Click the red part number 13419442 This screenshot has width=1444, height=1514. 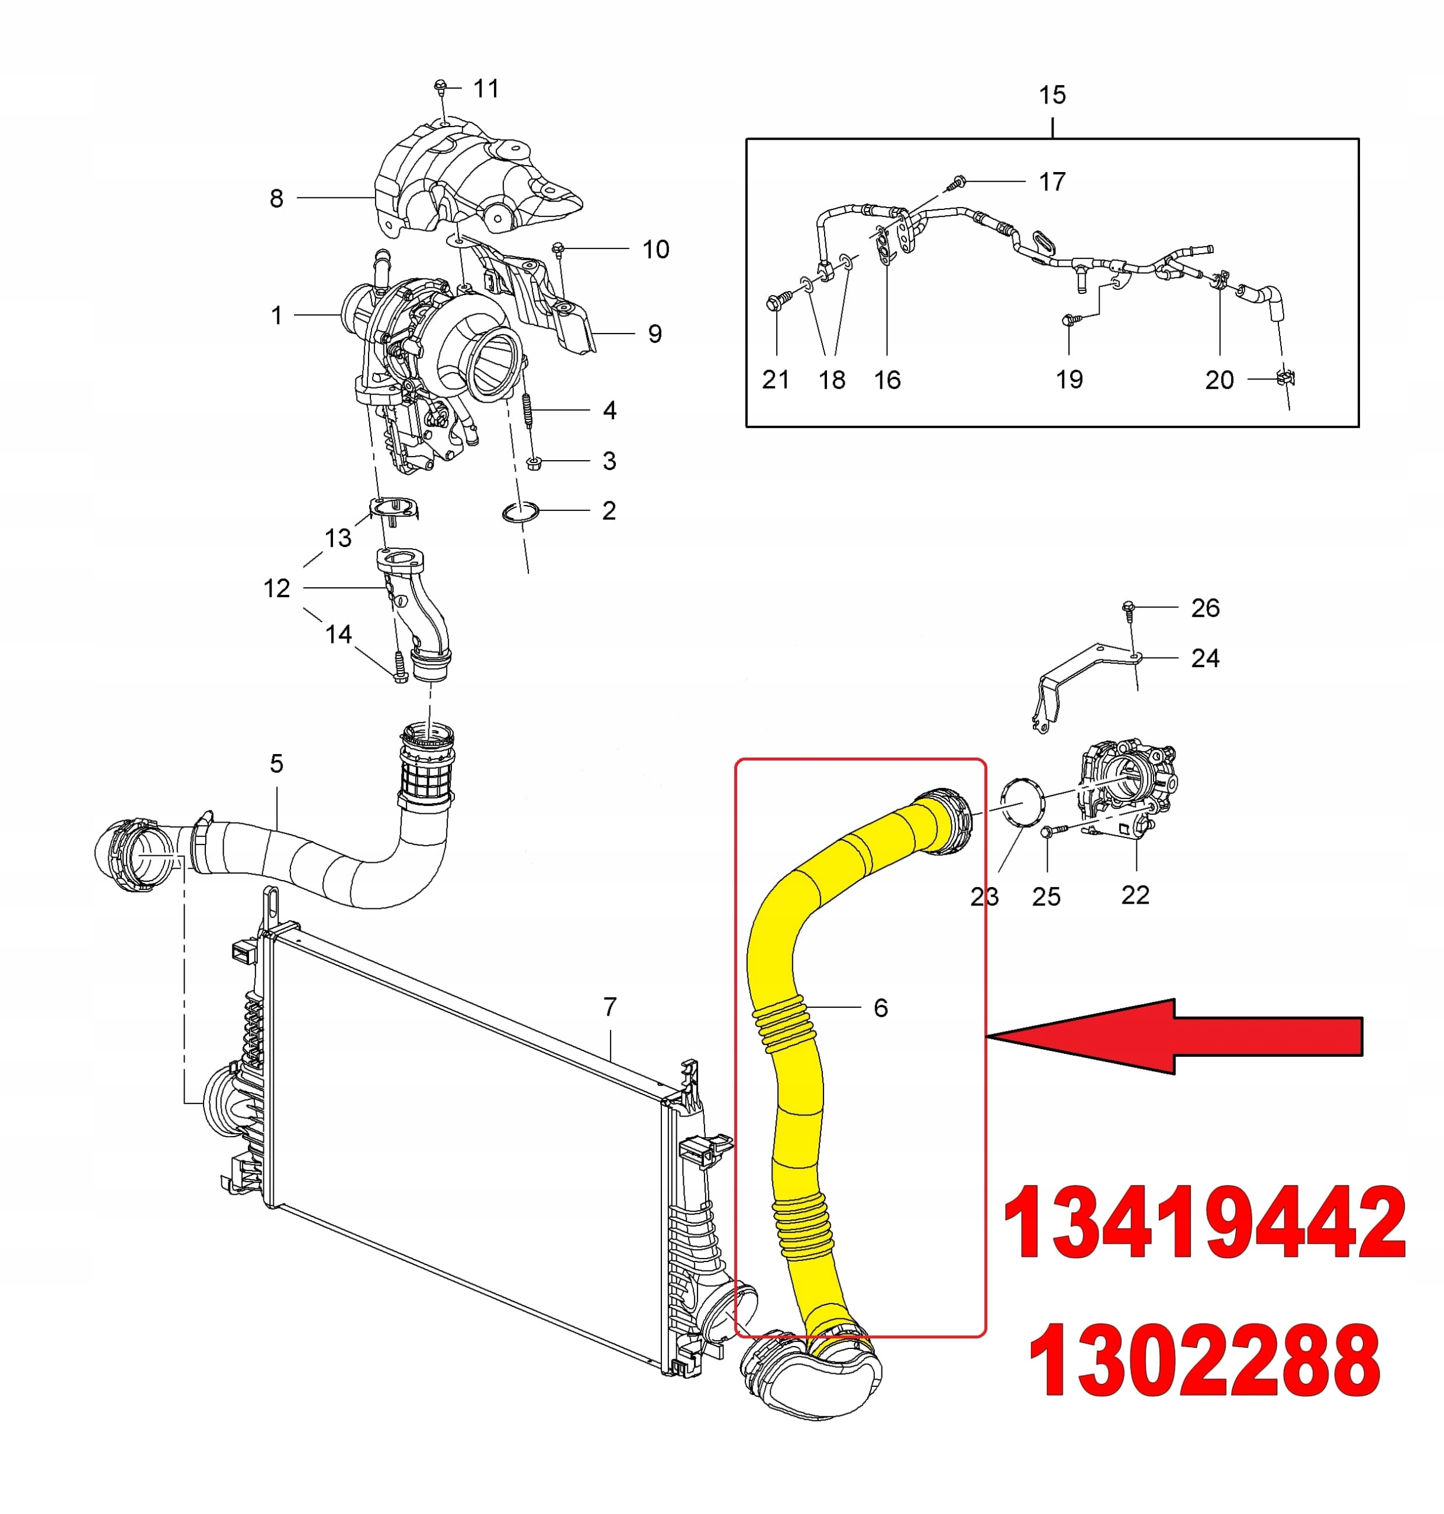1204,1223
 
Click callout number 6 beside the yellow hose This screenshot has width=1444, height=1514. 881,1008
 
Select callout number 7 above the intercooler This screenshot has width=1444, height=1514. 610,1006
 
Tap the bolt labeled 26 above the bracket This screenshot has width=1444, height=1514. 1129,608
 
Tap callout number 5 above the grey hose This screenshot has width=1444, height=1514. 276,764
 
